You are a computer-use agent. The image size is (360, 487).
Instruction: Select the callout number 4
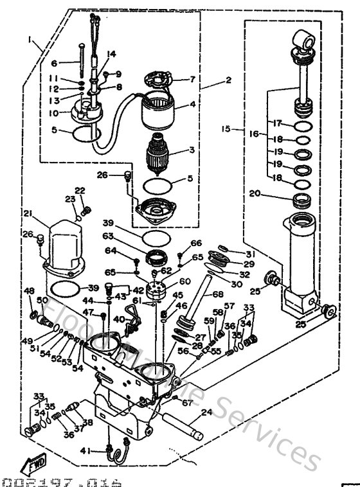(192, 103)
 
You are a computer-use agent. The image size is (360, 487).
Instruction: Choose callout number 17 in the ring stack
(276, 123)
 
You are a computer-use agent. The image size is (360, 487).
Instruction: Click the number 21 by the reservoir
(28, 213)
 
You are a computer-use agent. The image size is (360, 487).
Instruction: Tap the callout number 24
(205, 412)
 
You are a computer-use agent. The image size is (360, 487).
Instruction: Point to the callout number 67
(187, 403)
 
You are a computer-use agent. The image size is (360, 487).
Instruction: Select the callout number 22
(80, 190)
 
